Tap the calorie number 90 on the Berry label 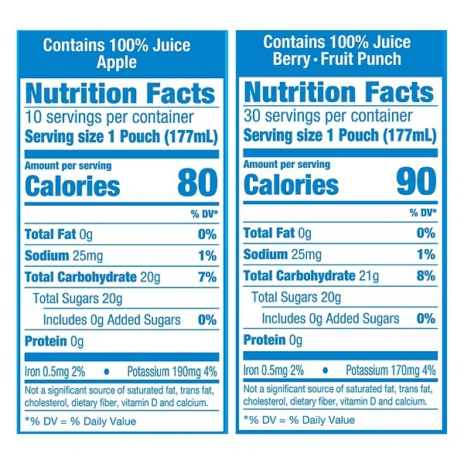416,183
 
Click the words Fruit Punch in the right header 363,59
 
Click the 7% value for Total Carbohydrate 207,277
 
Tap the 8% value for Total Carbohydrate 426,276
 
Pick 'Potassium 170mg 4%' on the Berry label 391,370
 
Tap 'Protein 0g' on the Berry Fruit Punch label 274,340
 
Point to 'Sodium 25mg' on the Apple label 59,255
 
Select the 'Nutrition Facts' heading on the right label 338,92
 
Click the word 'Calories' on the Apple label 73,186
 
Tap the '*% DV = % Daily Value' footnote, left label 80,421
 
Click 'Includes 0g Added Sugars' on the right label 330,319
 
